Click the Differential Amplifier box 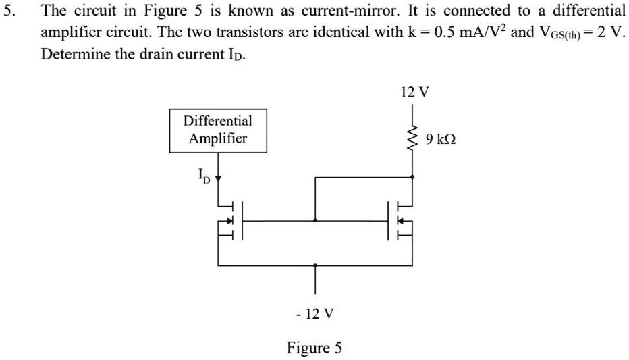[x=217, y=130]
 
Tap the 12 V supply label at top [x=414, y=92]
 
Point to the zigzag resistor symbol [x=412, y=138]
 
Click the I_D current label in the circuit [x=204, y=177]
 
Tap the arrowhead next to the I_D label [x=217, y=179]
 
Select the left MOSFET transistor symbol [x=229, y=220]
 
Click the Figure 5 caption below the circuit [x=314, y=348]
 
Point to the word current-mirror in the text [x=351, y=11]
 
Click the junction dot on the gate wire [x=315, y=220]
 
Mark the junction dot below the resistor [x=412, y=177]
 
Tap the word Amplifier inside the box [x=217, y=138]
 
